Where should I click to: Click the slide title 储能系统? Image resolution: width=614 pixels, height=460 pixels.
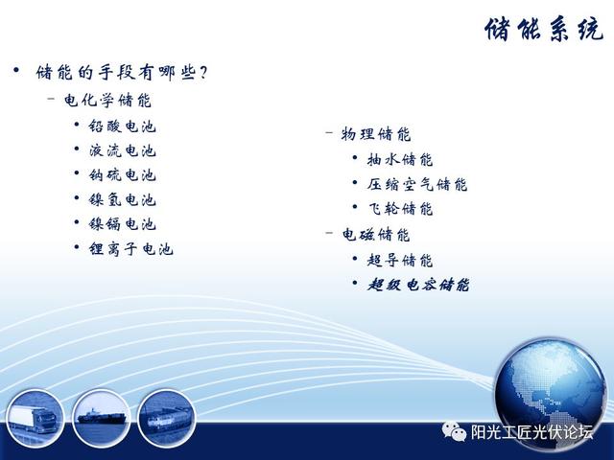[x=544, y=30]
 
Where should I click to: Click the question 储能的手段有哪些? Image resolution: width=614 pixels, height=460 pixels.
[x=122, y=73]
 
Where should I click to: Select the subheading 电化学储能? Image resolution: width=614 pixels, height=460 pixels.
[x=107, y=101]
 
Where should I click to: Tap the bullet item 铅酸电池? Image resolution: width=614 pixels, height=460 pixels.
[x=122, y=126]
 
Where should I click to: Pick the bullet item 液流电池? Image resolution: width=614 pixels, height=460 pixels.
[x=122, y=150]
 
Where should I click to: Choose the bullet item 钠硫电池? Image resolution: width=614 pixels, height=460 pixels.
[x=122, y=174]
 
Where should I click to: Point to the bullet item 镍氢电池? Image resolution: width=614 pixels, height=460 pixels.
[x=122, y=200]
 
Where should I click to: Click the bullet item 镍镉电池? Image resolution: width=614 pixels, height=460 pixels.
[x=122, y=224]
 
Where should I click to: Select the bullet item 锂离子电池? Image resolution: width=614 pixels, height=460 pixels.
[x=130, y=249]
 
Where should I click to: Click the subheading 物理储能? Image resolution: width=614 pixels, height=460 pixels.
[x=375, y=134]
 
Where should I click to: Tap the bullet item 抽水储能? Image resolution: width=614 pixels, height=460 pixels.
[x=400, y=159]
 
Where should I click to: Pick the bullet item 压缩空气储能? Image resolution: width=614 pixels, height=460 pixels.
[x=417, y=184]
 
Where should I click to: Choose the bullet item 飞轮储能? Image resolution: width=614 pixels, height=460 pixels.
[x=400, y=209]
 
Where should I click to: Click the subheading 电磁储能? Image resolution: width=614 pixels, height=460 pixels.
[x=375, y=235]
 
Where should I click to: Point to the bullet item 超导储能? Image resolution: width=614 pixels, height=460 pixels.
[x=400, y=260]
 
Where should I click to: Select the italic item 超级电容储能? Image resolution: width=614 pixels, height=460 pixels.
[x=418, y=285]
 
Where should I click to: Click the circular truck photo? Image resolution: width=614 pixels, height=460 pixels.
[x=35, y=418]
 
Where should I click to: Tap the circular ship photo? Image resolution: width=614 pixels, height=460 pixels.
[x=101, y=418]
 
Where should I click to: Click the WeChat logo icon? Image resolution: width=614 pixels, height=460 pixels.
[x=454, y=431]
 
